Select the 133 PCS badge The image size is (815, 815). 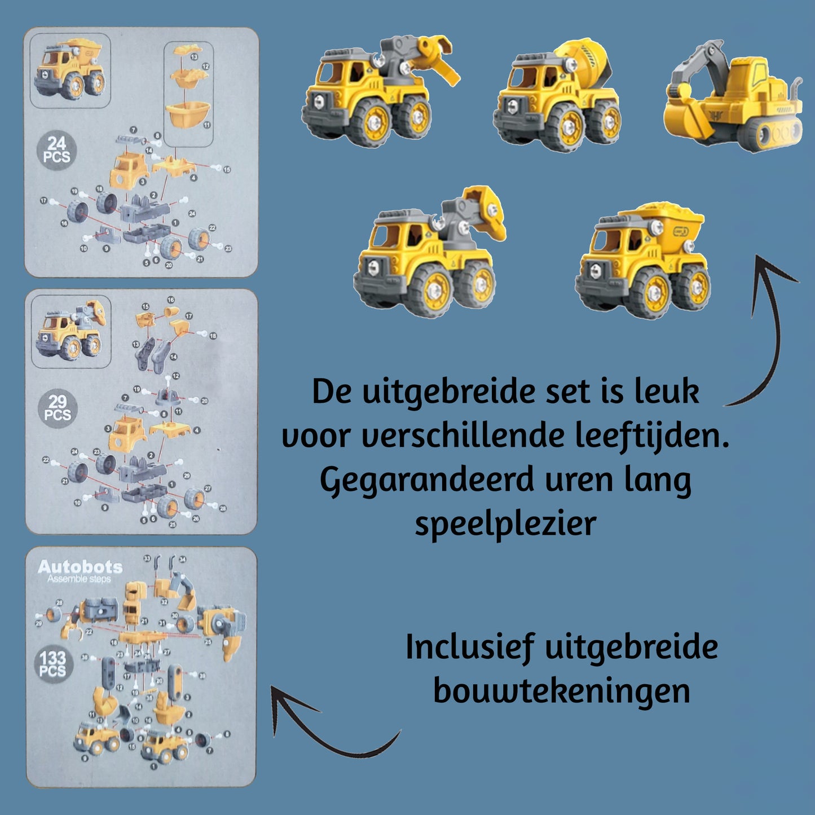point(52,664)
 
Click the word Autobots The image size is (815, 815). point(80,567)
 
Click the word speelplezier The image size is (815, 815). point(505,523)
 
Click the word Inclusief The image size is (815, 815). point(469,647)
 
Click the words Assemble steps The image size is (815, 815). point(79,579)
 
